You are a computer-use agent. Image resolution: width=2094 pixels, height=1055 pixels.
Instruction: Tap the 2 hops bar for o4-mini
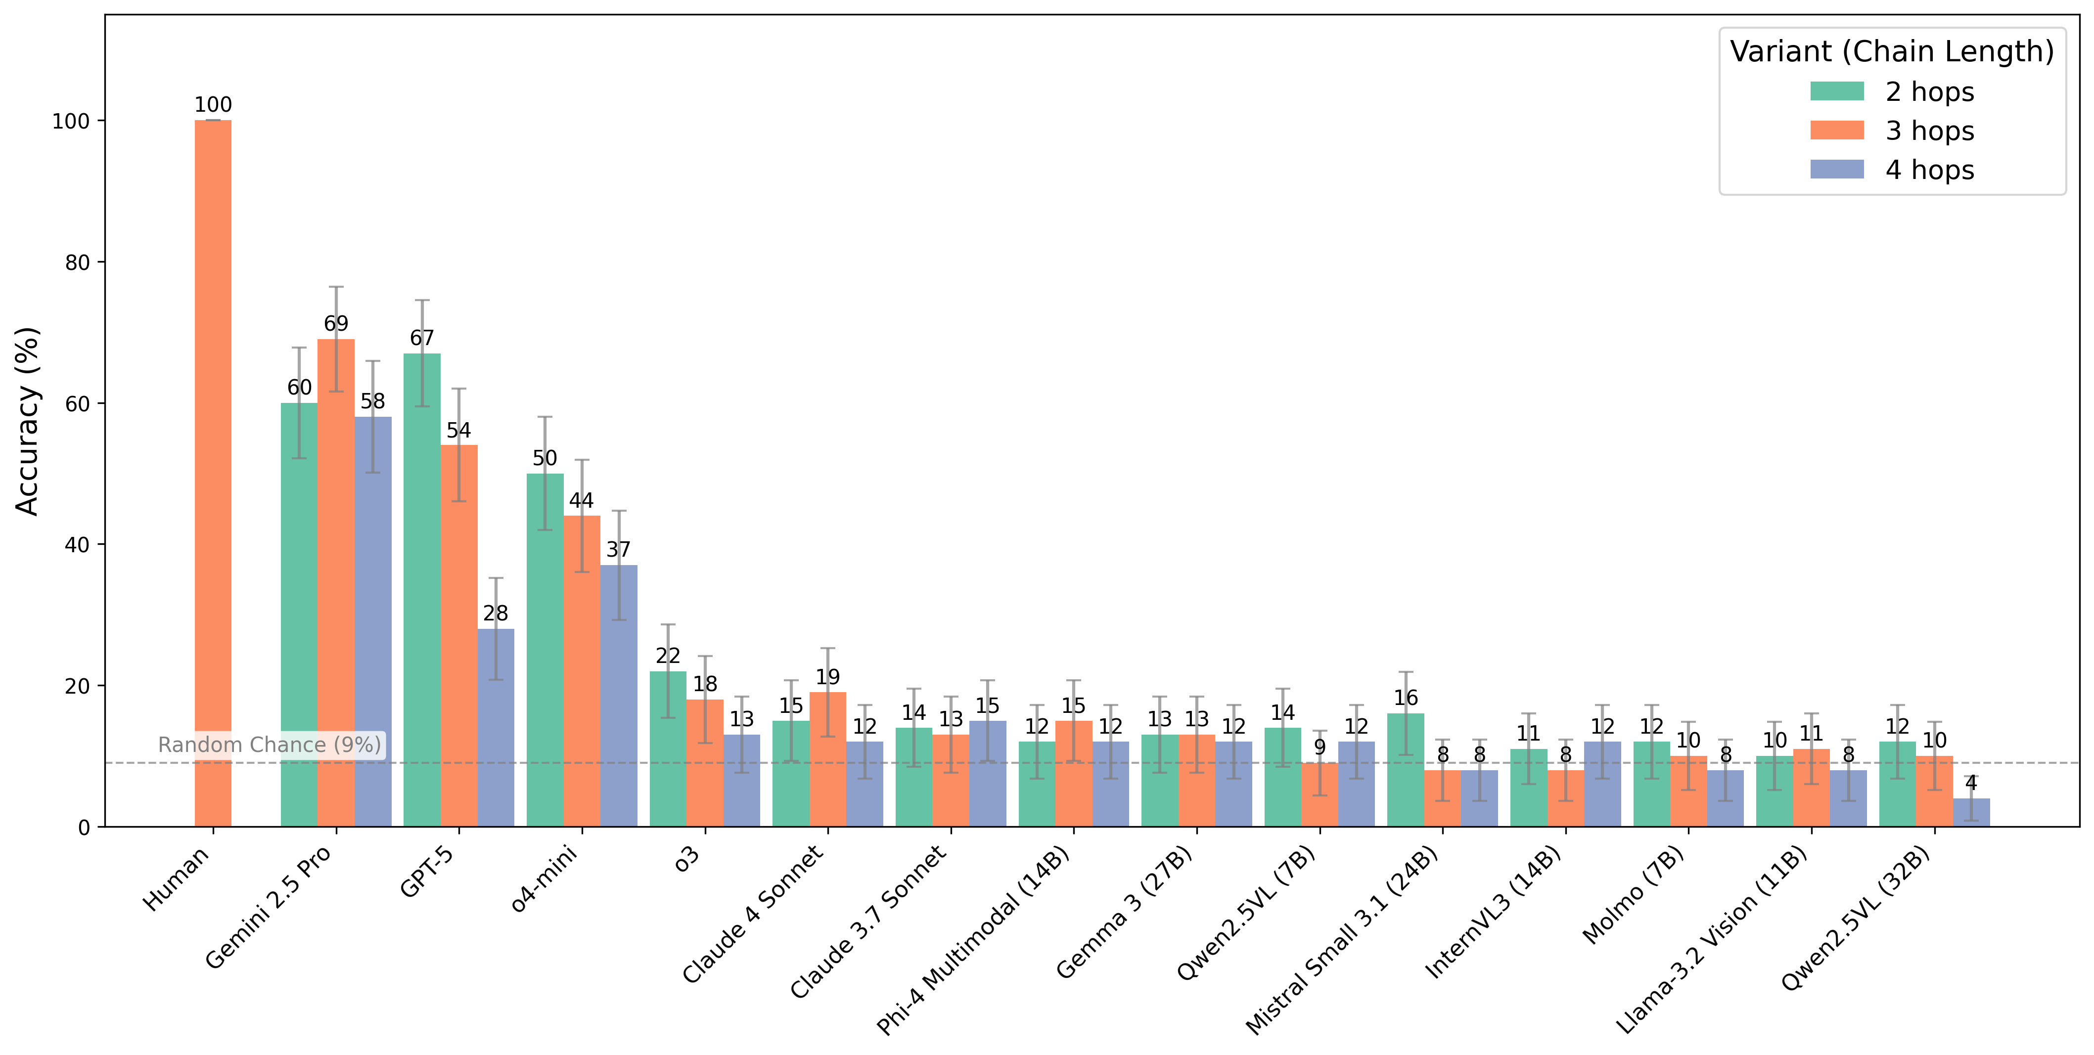click(x=545, y=650)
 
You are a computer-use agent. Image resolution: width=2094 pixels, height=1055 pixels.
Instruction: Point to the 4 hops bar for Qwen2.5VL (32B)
click(x=1971, y=813)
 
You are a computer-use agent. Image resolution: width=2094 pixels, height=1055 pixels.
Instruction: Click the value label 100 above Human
click(x=213, y=105)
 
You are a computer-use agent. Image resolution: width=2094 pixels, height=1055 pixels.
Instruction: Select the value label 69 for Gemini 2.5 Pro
click(x=336, y=323)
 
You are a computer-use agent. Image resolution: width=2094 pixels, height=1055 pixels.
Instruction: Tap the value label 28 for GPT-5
click(x=496, y=613)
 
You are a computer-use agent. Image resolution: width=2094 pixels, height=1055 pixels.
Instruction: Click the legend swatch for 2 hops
click(x=1836, y=91)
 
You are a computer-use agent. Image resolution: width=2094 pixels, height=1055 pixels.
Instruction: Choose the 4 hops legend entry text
click(x=1929, y=170)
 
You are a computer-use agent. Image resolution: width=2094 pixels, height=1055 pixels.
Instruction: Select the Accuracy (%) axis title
click(x=28, y=421)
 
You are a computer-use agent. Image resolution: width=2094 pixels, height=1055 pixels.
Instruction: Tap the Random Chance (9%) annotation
click(x=269, y=745)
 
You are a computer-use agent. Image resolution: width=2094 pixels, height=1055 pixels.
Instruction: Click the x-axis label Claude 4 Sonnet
click(x=752, y=915)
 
